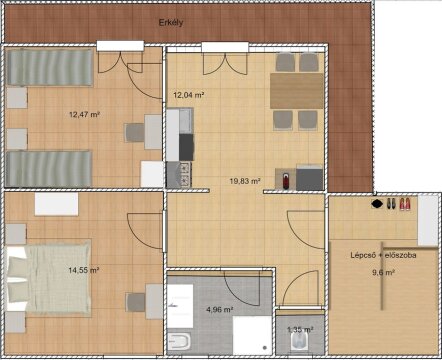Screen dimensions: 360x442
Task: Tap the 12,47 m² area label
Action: pyautogui.click(x=84, y=115)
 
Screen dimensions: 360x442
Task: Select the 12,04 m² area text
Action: pyautogui.click(x=189, y=95)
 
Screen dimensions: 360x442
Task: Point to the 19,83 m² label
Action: pyautogui.click(x=245, y=181)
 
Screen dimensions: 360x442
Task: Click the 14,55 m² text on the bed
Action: pyautogui.click(x=83, y=270)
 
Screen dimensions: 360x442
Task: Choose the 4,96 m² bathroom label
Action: pyautogui.click(x=219, y=310)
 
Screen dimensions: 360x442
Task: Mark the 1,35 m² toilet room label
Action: pyautogui.click(x=300, y=329)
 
